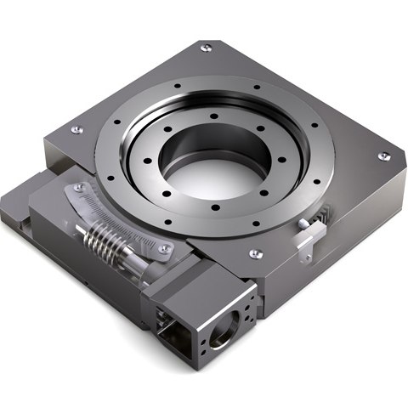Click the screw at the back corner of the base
click(206, 48)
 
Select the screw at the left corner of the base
click(76, 129)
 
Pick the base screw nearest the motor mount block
click(254, 252)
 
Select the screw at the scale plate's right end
click(167, 249)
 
